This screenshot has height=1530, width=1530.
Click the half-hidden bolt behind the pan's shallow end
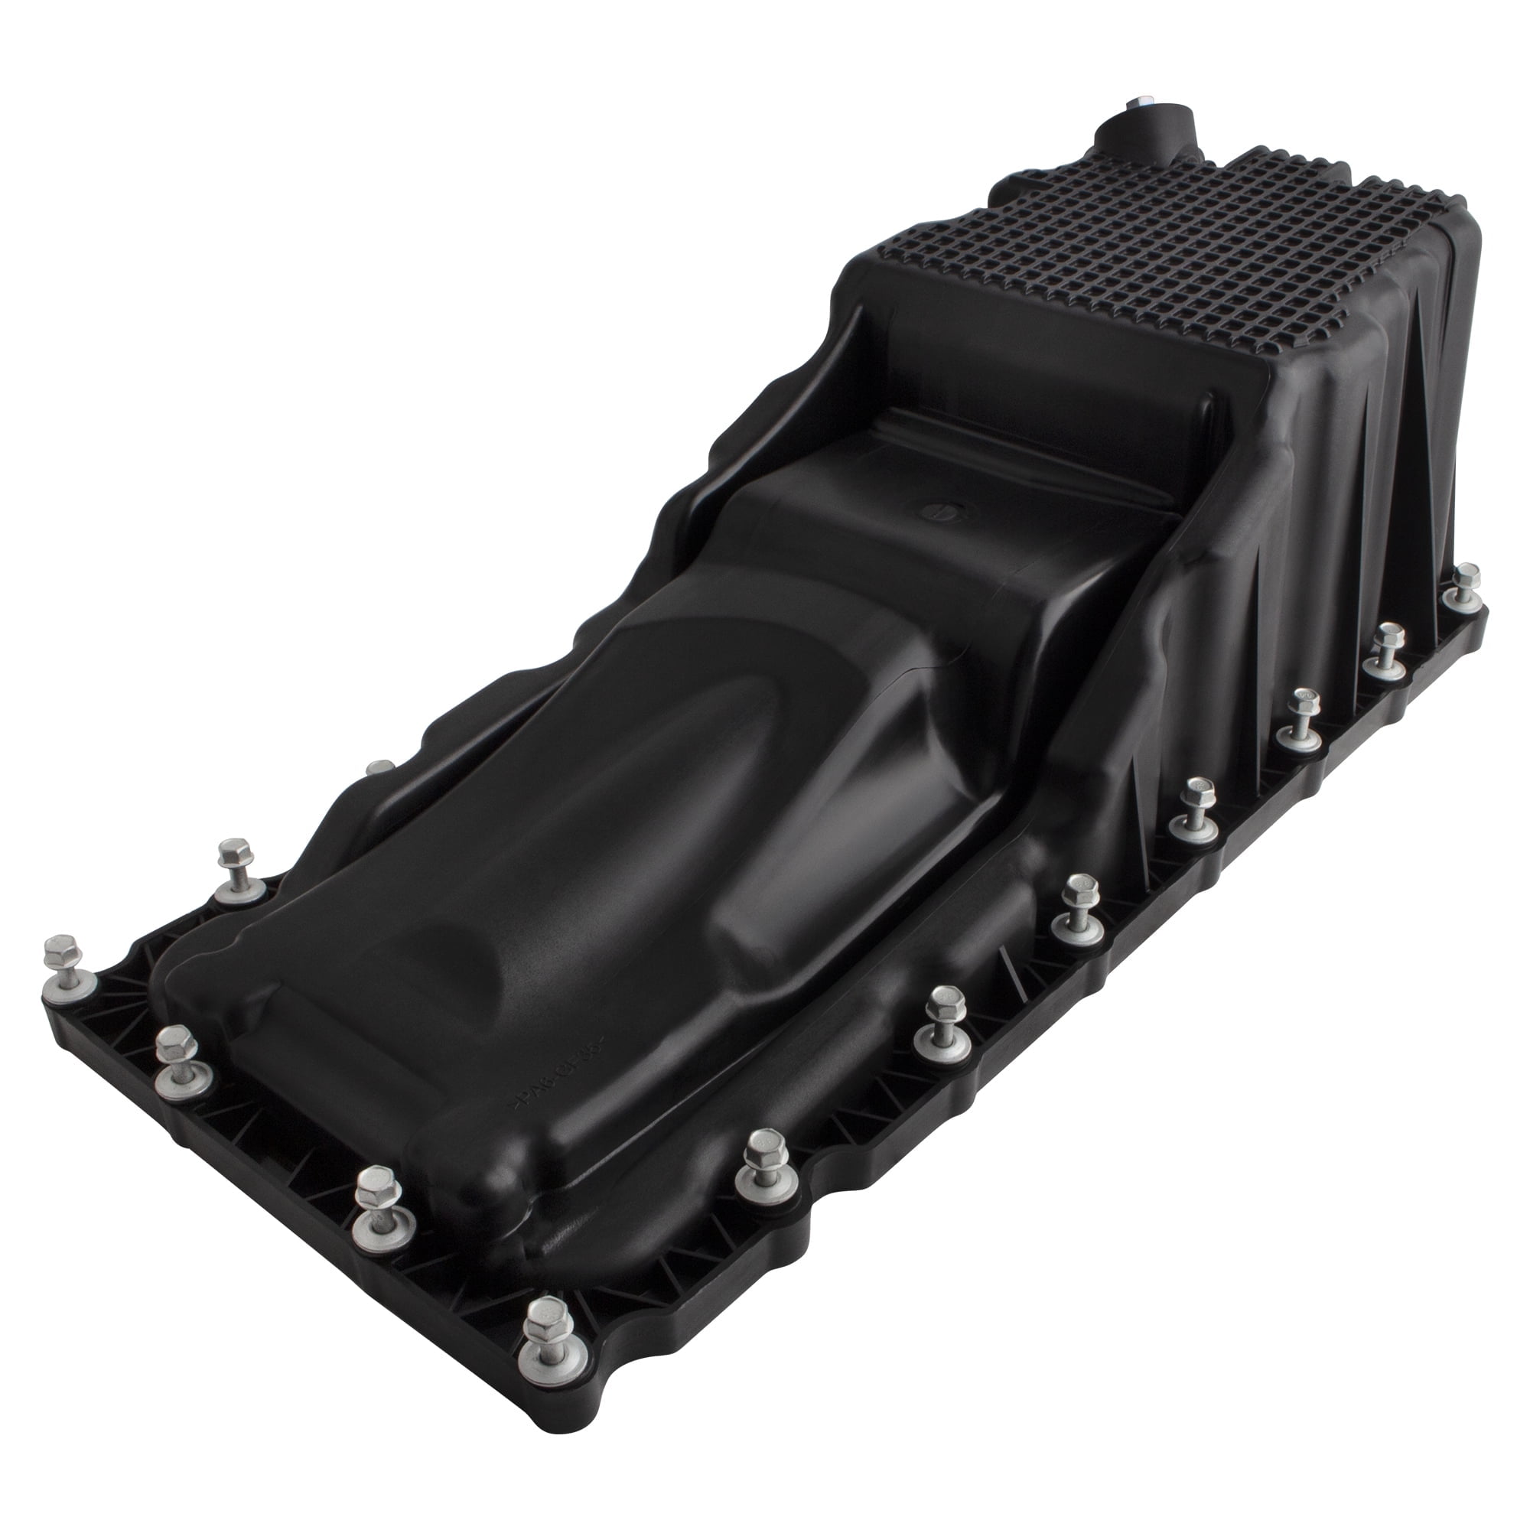[x=381, y=767]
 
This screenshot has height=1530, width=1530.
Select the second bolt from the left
[x=180, y=1065]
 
